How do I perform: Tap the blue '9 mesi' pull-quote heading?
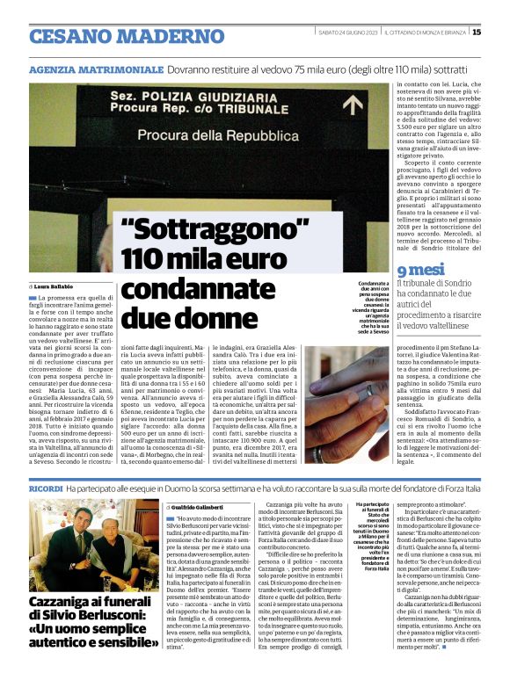pos(416,271)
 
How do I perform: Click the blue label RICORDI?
pos(46,487)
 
